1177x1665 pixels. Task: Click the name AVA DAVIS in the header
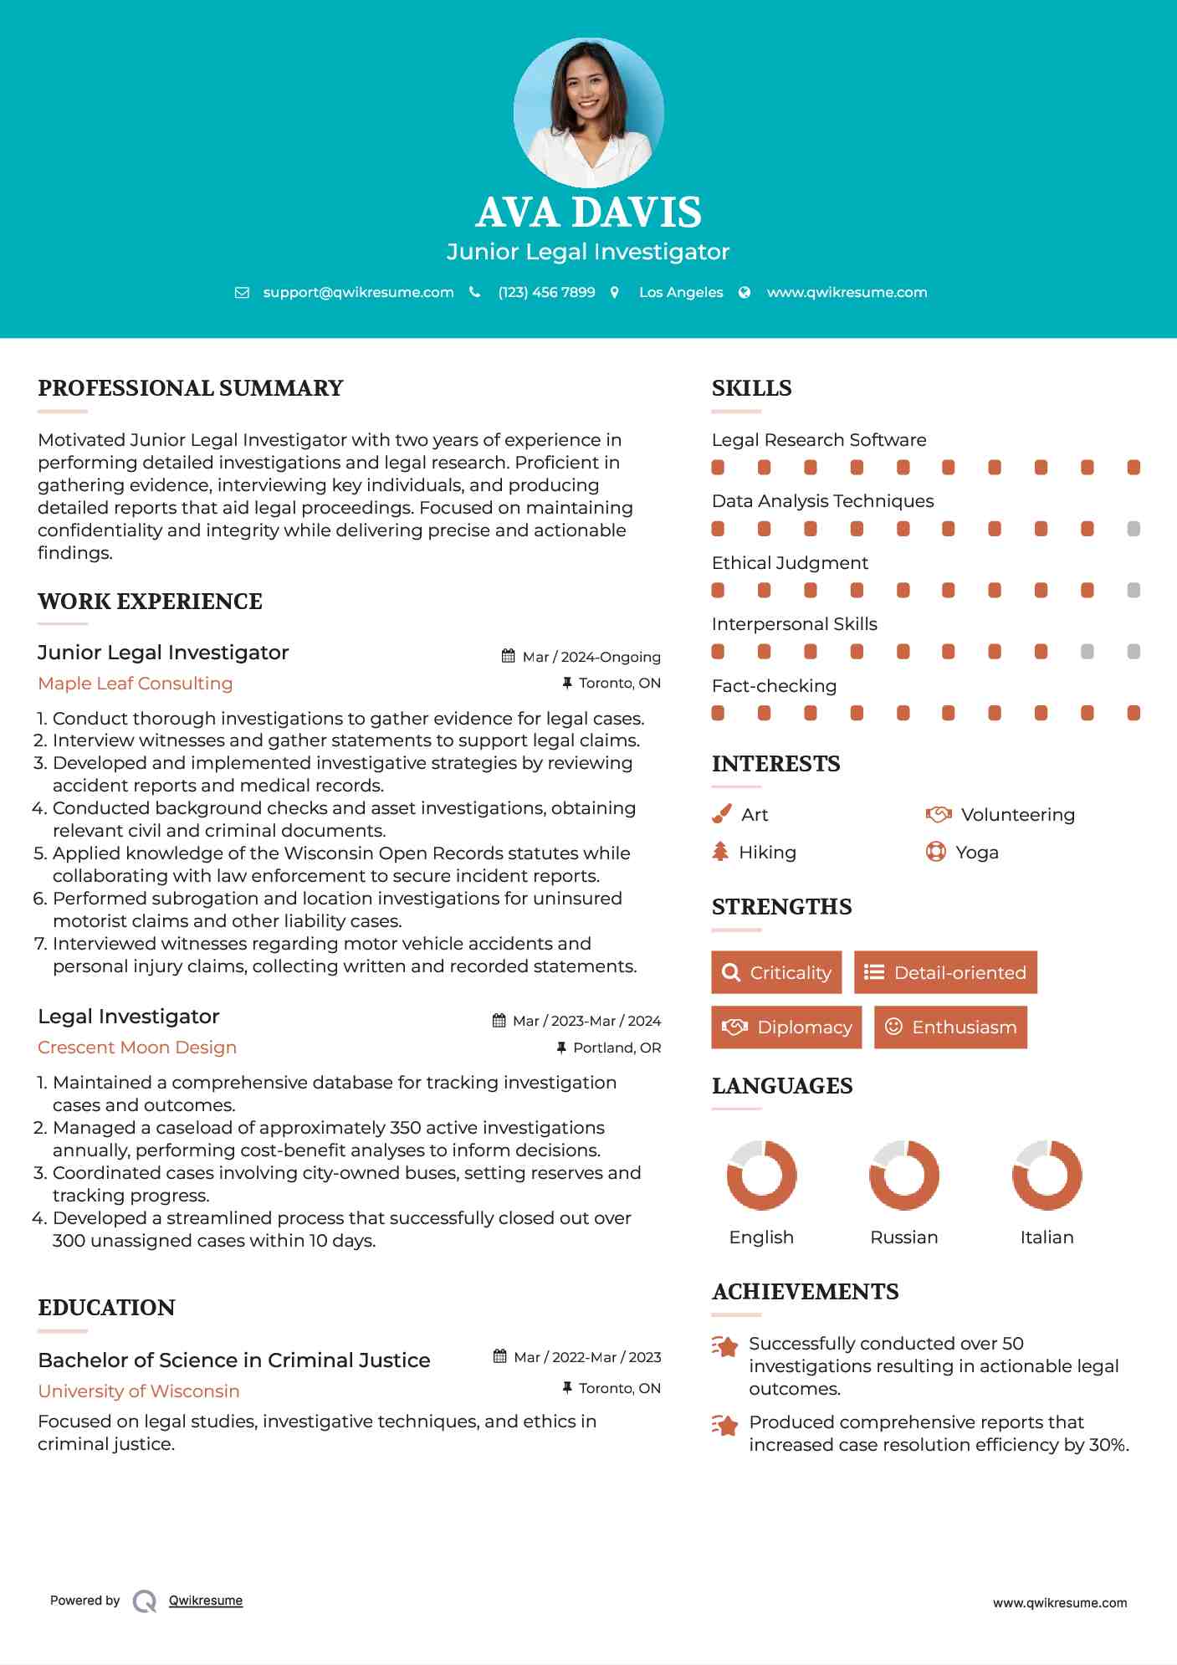[588, 213]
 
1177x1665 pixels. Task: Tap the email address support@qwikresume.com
[358, 292]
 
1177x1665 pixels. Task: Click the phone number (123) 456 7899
[546, 292]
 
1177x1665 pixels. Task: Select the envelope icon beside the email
[242, 293]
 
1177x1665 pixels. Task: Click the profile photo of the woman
[588, 112]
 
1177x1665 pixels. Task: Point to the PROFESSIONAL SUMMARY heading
[191, 388]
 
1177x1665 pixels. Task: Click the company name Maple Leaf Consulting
[136, 684]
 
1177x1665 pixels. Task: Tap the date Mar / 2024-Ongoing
[591, 657]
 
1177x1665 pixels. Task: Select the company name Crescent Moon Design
[137, 1048]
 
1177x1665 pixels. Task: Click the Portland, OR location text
[617, 1048]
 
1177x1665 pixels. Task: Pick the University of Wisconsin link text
[139, 1391]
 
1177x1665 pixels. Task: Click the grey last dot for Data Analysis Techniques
[1134, 529]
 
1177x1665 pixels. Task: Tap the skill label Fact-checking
[774, 686]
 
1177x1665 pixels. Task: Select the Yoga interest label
[977, 853]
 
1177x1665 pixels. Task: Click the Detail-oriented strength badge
[945, 972]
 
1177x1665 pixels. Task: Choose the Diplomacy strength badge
[786, 1027]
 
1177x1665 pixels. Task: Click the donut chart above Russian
[904, 1175]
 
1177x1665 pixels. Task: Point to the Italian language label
[1047, 1237]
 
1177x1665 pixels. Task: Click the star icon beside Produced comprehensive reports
[725, 1424]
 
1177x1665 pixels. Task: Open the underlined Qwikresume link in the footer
[206, 1601]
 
